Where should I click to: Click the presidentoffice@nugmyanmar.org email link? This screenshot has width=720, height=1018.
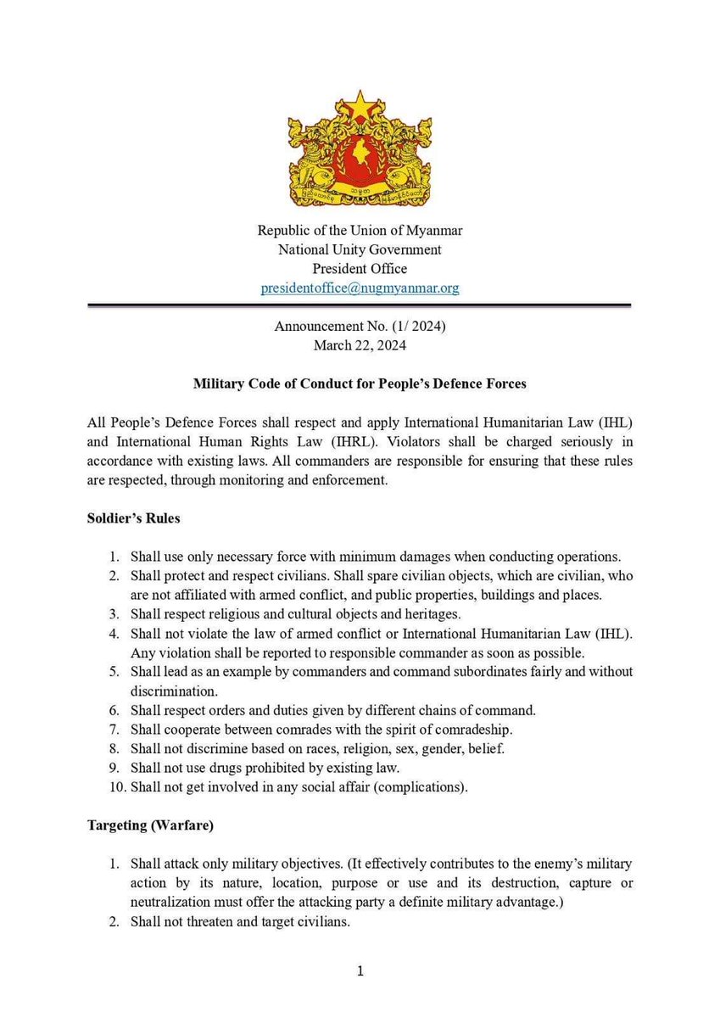(360, 288)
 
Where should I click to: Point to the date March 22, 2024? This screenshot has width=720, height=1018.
(360, 345)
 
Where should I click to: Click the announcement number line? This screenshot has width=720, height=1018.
(360, 327)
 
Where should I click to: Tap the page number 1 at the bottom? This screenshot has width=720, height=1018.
(360, 971)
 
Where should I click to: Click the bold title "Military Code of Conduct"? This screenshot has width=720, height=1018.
(360, 383)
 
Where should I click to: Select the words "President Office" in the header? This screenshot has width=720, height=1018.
(360, 268)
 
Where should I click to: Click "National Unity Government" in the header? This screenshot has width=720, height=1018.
(360, 249)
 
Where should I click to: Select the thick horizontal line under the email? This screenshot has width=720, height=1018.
(360, 305)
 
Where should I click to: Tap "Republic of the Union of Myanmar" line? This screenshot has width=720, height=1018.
(360, 231)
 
